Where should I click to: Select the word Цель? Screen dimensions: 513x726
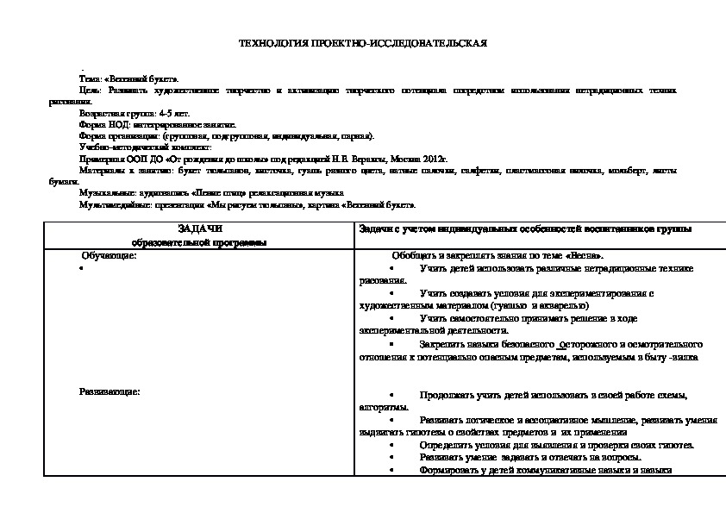89,90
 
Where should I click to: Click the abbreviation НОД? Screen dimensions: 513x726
110,124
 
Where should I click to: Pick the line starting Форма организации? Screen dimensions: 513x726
226,136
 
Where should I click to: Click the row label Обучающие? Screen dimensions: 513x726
109,256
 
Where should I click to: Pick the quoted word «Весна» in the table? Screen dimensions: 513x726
585,256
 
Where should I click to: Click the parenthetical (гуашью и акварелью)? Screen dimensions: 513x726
541,305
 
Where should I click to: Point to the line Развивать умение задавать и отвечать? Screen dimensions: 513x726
529,457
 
